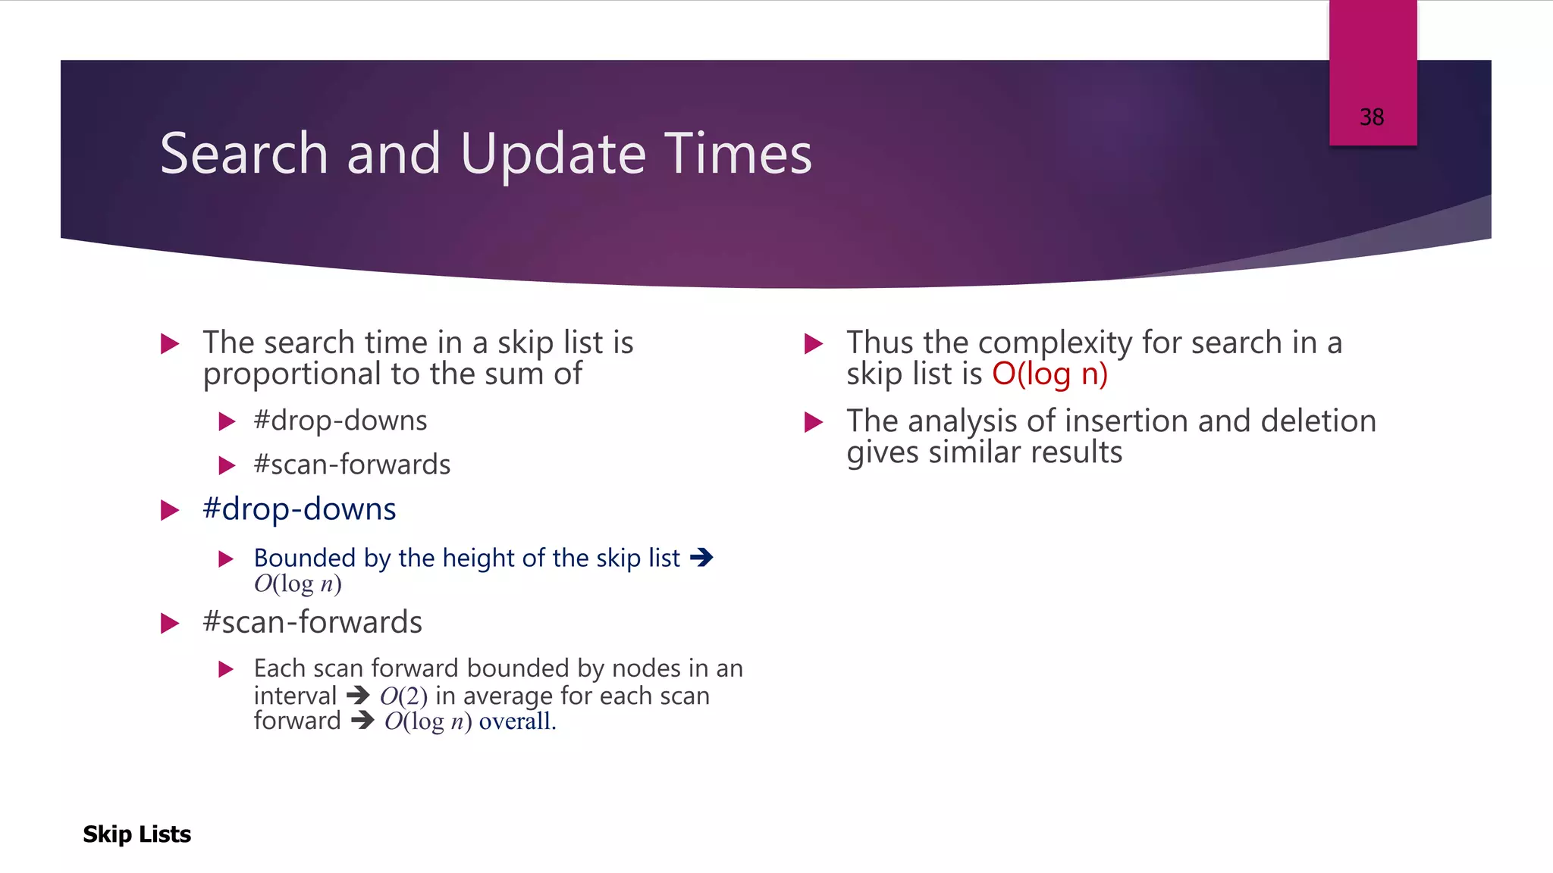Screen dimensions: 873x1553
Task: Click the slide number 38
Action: click(1371, 117)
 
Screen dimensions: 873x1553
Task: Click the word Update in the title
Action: click(553, 155)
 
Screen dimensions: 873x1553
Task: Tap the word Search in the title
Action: click(244, 153)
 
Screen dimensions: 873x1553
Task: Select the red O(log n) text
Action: click(1049, 374)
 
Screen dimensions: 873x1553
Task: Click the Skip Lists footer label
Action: click(136, 834)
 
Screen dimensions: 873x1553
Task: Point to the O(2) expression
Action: click(403, 696)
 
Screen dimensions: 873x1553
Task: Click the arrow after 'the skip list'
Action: click(701, 558)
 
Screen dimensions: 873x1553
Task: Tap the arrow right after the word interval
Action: click(358, 695)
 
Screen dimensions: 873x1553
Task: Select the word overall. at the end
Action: click(517, 721)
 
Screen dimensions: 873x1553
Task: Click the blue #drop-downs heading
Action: click(299, 509)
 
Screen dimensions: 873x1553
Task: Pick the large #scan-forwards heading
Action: click(312, 622)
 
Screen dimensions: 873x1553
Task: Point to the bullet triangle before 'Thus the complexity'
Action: click(813, 344)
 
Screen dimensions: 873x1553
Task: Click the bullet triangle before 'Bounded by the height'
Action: click(226, 559)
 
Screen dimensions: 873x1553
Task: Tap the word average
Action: click(507, 696)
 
